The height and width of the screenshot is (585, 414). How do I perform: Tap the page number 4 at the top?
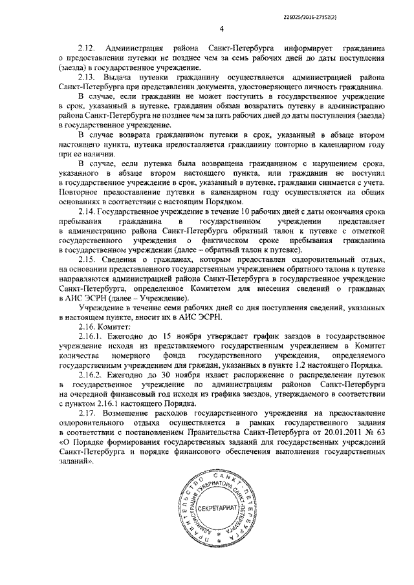click(221, 28)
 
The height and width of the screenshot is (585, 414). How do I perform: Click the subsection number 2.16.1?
click(90, 336)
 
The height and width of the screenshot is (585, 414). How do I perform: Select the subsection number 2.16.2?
click(90, 375)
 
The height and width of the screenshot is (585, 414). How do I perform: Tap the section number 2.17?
click(86, 413)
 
